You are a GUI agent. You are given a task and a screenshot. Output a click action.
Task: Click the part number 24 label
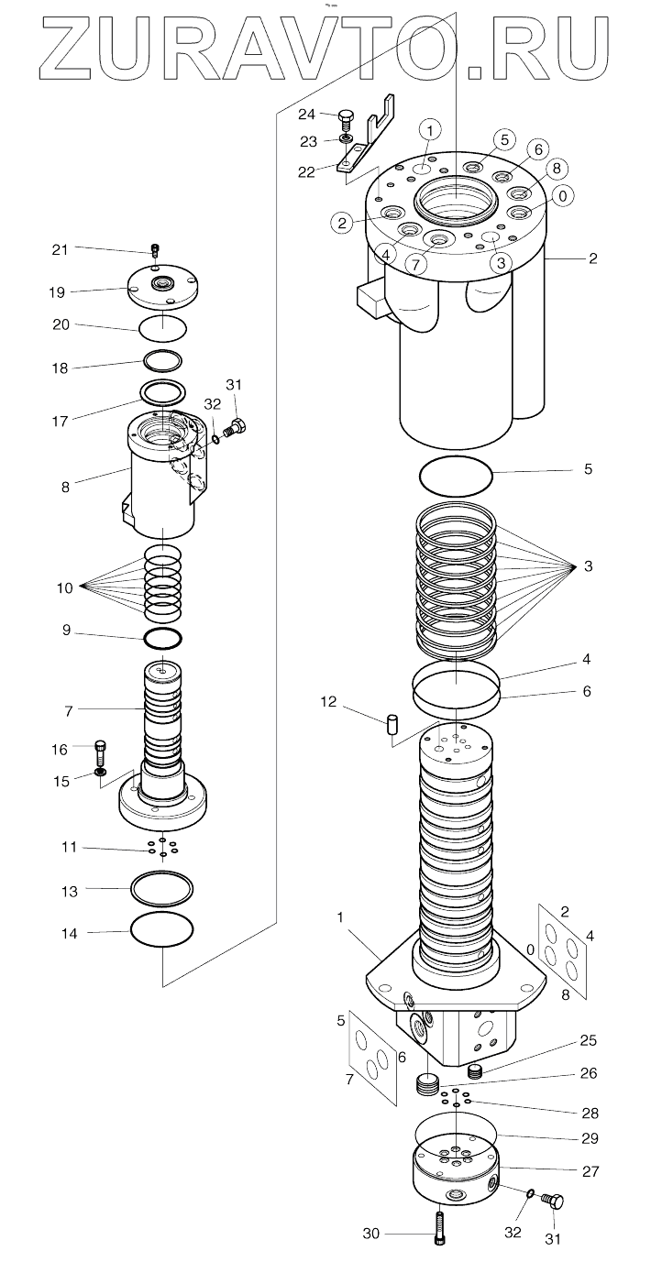(x=306, y=114)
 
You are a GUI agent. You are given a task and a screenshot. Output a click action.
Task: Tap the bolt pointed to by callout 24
(x=346, y=118)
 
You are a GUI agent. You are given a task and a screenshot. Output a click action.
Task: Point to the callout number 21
(x=60, y=248)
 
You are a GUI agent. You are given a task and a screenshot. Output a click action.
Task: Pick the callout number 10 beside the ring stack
(x=65, y=587)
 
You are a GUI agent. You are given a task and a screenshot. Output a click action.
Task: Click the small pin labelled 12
(x=391, y=725)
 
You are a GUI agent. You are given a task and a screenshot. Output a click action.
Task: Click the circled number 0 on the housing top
(x=561, y=195)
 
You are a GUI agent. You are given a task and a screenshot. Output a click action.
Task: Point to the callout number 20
(x=60, y=324)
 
